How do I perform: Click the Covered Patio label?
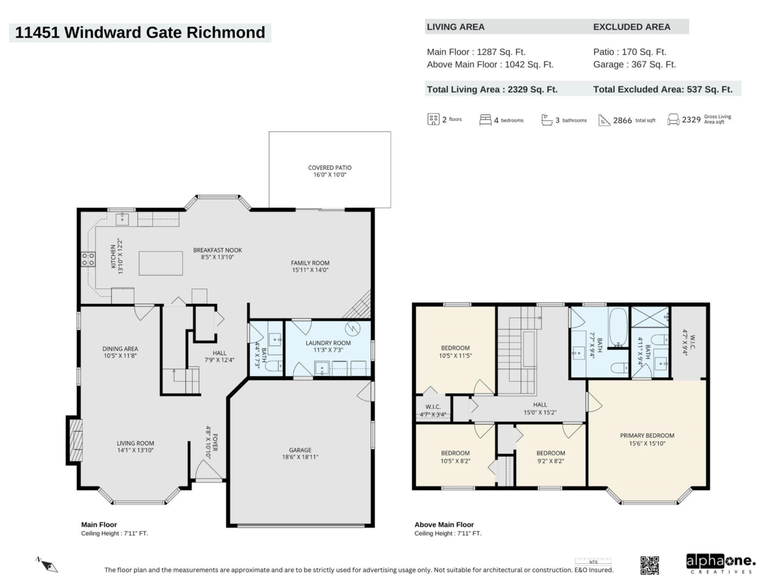coord(330,167)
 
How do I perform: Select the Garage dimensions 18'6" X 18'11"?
coord(300,457)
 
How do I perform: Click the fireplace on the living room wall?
coord(75,440)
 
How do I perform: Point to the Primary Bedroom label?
coord(647,435)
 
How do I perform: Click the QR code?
coord(649,565)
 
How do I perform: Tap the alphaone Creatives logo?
coord(720,563)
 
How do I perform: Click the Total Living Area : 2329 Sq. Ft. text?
coord(492,90)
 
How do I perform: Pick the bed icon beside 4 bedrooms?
coord(485,120)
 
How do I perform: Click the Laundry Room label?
coord(329,343)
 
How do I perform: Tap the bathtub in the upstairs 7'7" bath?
coord(618,327)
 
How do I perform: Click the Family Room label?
coord(310,263)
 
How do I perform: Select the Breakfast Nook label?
coord(217,250)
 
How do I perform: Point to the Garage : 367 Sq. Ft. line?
coord(634,65)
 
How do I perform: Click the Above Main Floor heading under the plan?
coord(444,524)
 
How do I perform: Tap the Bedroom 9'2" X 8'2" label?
coord(550,453)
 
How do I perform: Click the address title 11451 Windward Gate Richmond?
coord(140,32)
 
